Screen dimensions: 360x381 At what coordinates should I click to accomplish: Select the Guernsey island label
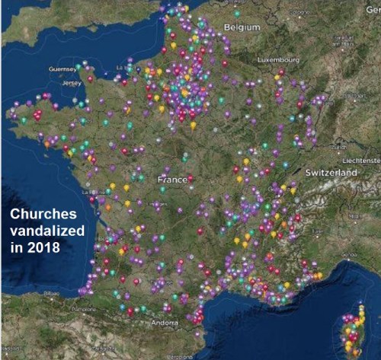[x=63, y=68]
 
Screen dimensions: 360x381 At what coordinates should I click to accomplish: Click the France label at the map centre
[x=172, y=180]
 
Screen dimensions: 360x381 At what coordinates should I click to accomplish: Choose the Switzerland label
[x=331, y=173]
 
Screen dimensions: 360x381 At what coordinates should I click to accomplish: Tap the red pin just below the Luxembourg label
[x=281, y=72]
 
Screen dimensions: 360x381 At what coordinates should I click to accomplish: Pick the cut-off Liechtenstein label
[x=362, y=161]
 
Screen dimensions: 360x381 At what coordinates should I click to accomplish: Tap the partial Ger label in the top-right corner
[x=373, y=5]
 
